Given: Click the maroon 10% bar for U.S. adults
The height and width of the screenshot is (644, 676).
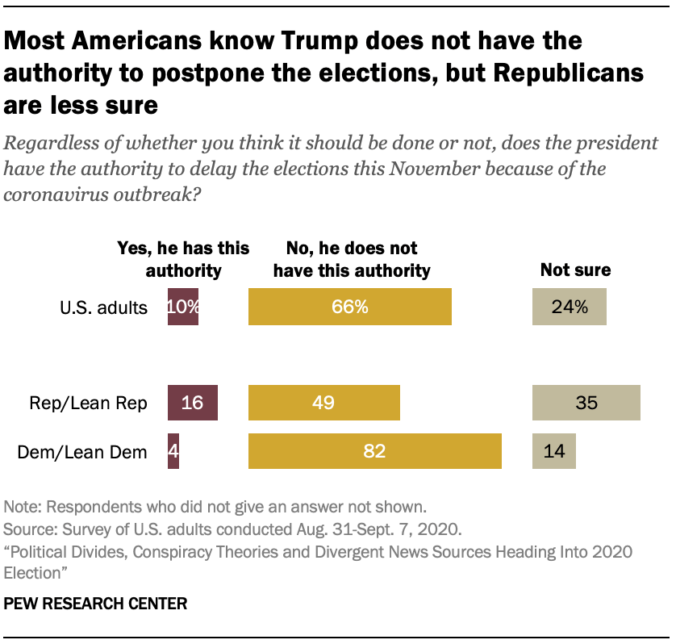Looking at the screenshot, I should click(x=183, y=307).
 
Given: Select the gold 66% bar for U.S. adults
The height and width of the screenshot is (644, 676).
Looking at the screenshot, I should click(x=349, y=307).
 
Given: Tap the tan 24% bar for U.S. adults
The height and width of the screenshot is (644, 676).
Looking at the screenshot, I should click(x=569, y=307).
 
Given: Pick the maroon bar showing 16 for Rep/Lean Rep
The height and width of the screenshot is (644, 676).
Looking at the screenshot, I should click(x=193, y=403).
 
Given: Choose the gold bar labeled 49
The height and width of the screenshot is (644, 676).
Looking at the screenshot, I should click(x=324, y=403).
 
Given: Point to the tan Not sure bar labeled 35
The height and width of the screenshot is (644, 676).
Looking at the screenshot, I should click(x=586, y=403).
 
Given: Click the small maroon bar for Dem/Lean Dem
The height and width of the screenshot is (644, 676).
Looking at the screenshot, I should click(x=173, y=450).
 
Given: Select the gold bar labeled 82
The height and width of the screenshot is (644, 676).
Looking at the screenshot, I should click(x=375, y=450).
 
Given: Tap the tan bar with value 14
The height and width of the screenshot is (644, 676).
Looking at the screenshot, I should click(x=554, y=450).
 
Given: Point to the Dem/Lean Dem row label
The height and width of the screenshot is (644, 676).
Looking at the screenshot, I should click(x=83, y=451).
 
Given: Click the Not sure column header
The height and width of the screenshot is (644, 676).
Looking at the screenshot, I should click(x=575, y=270).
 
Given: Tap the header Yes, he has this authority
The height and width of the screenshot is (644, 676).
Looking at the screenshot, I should click(x=184, y=259).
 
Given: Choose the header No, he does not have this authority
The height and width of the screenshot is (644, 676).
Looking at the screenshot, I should click(x=352, y=259).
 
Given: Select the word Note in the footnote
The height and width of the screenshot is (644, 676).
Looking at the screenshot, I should click(x=21, y=508).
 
